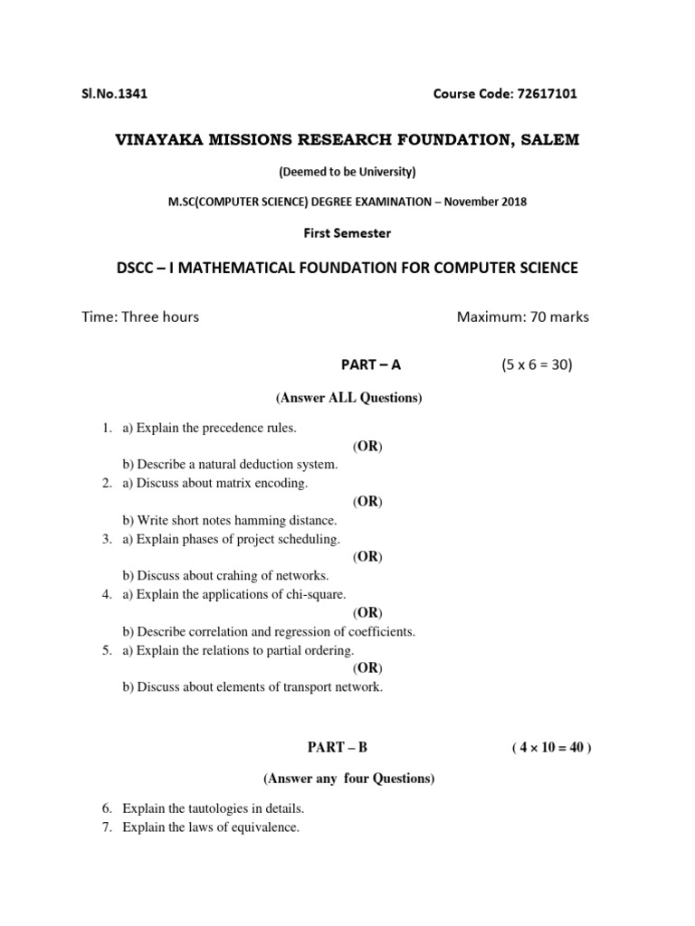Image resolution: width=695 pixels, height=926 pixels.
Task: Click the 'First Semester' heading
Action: (347, 233)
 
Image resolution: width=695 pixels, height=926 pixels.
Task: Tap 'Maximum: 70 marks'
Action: (522, 317)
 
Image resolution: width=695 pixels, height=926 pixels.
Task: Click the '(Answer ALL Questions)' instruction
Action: (347, 398)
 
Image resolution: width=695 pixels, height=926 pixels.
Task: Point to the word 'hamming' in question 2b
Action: (263, 520)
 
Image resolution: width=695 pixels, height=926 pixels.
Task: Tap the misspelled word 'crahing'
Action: (233, 575)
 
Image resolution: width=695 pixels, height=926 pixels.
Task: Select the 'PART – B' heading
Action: (338, 747)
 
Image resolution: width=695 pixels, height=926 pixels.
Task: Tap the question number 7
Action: (106, 827)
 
